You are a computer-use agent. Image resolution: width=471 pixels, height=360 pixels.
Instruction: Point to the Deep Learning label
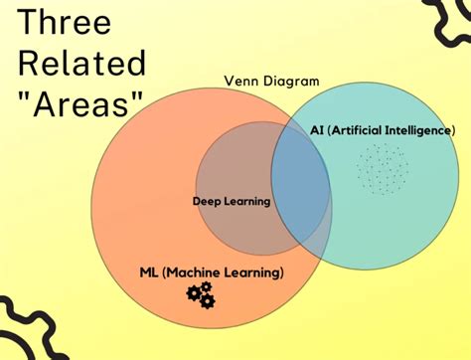[232, 201]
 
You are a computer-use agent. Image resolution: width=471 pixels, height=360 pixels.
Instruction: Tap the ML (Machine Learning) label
[212, 271]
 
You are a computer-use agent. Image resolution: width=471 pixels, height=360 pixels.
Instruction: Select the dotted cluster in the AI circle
[382, 168]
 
